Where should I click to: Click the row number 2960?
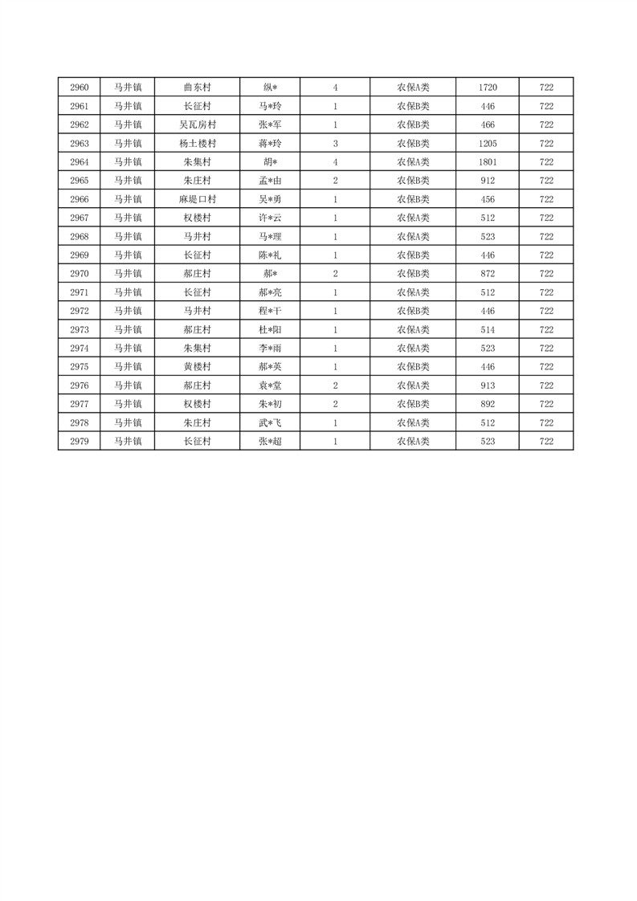click(79, 88)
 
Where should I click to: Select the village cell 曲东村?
click(197, 88)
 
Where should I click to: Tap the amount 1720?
click(488, 88)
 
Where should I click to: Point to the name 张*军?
click(270, 124)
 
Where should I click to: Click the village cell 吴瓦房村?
click(197, 124)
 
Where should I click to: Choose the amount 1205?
click(488, 144)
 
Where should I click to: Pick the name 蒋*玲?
click(270, 144)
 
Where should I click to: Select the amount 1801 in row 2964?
click(488, 162)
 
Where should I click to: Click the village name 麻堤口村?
click(197, 199)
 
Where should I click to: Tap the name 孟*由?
click(270, 181)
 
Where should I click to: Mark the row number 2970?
click(79, 274)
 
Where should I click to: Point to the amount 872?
click(488, 274)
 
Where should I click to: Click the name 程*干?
click(270, 311)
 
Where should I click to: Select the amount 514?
click(488, 330)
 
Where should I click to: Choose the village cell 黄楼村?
click(197, 367)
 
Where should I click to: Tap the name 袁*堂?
click(270, 385)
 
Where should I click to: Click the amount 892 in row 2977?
click(488, 404)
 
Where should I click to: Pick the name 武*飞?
click(270, 422)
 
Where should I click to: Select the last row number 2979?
click(79, 442)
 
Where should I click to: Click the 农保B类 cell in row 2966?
click(413, 199)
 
